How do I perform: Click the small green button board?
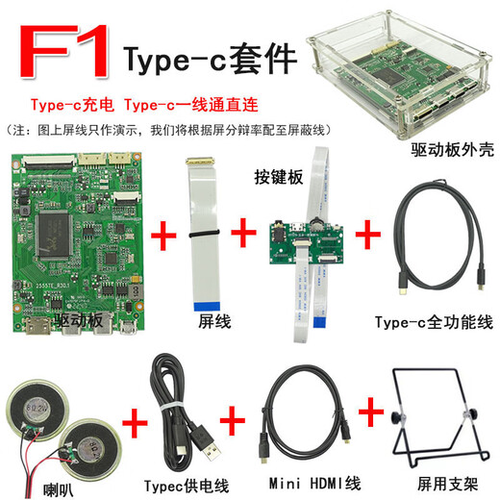pos(308,246)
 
